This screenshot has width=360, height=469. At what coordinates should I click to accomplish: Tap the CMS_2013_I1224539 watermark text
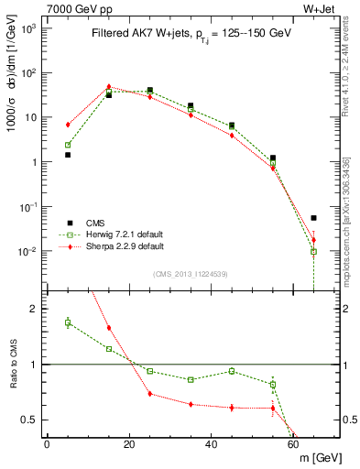pos(191,274)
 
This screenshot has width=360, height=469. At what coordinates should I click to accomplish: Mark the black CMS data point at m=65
pos(314,218)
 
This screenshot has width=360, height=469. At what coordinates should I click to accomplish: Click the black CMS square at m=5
pos(68,155)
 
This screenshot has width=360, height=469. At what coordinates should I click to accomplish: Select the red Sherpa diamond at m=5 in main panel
pos(68,125)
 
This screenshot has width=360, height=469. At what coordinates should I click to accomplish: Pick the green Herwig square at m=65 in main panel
pos(314,251)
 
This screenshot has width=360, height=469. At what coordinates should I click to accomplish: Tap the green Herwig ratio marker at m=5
pos(68,322)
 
